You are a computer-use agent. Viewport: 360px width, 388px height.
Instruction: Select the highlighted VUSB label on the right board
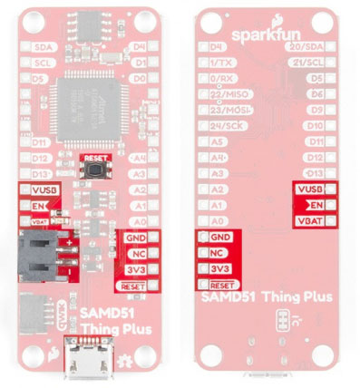(x=309, y=189)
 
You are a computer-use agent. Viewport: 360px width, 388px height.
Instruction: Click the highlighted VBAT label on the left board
(x=33, y=220)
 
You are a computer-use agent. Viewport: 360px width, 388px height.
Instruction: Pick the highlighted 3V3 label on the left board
(x=135, y=270)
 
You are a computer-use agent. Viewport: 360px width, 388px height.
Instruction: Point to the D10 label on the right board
(x=316, y=126)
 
